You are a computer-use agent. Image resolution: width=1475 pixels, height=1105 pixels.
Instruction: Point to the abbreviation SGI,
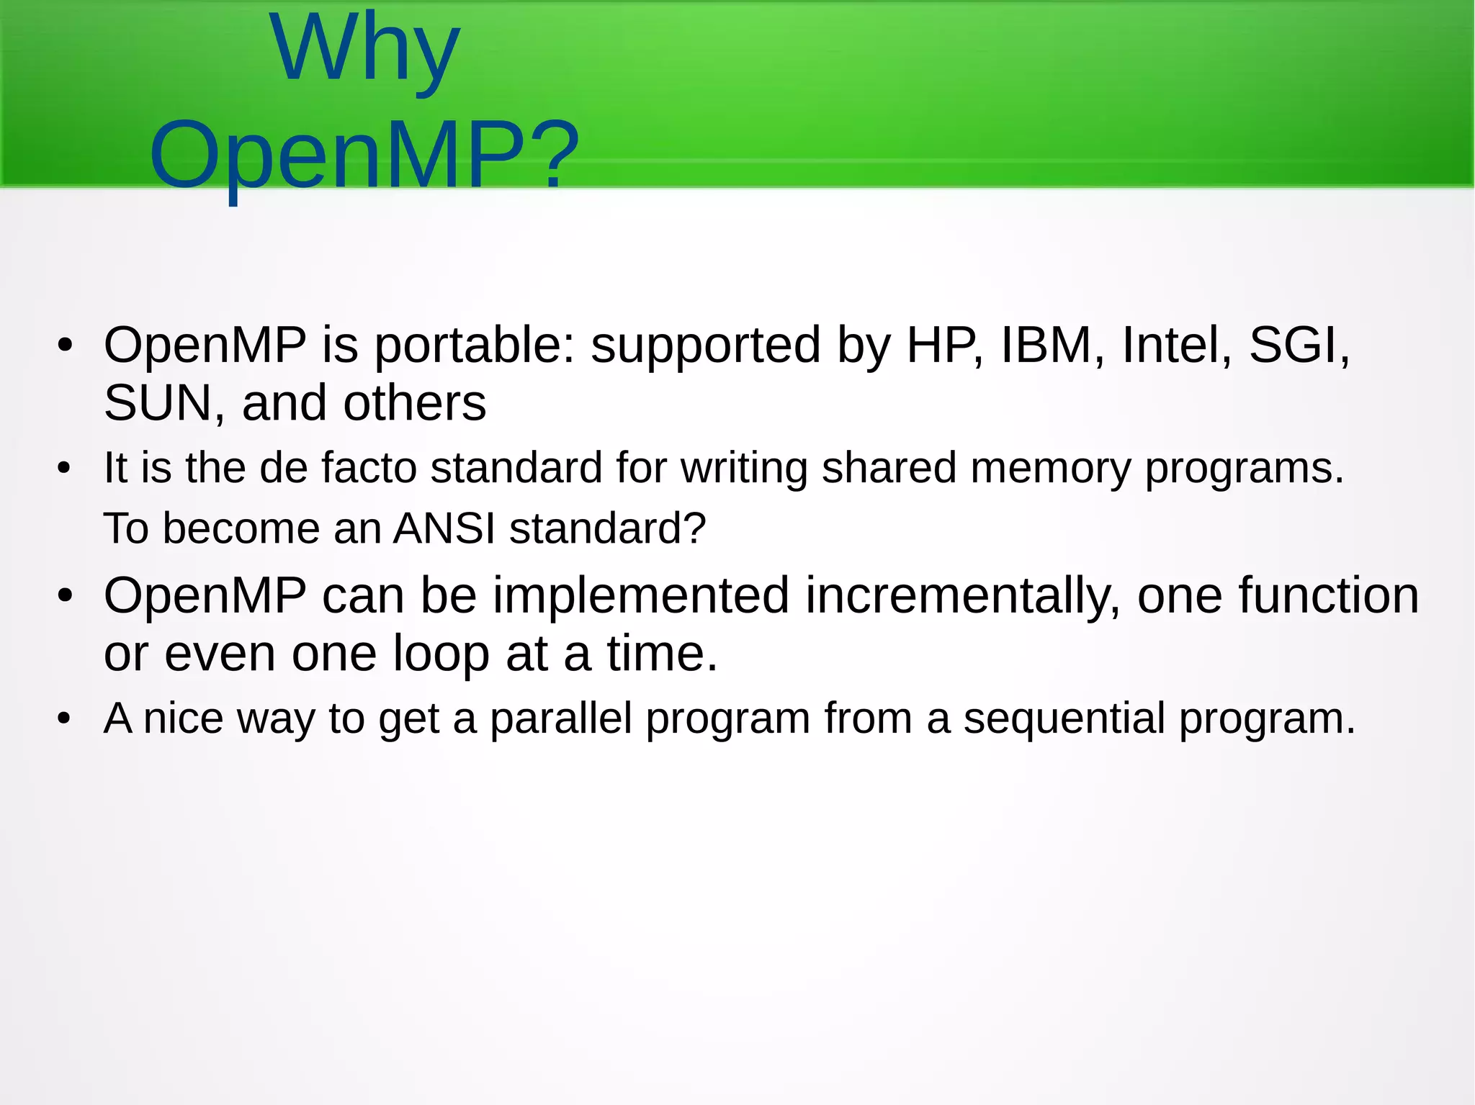click(x=1299, y=345)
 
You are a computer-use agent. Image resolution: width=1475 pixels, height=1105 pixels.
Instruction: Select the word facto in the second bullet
click(x=369, y=468)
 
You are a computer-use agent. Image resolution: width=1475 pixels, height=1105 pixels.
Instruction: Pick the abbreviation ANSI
click(x=444, y=528)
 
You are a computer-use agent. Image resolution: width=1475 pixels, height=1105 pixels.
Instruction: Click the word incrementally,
click(x=962, y=596)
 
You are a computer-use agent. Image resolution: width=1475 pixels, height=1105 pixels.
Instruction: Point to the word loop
click(x=441, y=654)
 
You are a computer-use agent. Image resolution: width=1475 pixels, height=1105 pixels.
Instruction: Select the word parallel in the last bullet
click(x=560, y=718)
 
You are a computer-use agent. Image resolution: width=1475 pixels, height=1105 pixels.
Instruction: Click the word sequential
click(x=1064, y=718)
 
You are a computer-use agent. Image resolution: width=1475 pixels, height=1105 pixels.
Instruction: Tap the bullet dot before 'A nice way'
click(x=65, y=719)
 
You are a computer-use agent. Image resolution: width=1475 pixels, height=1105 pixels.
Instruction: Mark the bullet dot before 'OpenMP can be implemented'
click(x=65, y=597)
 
